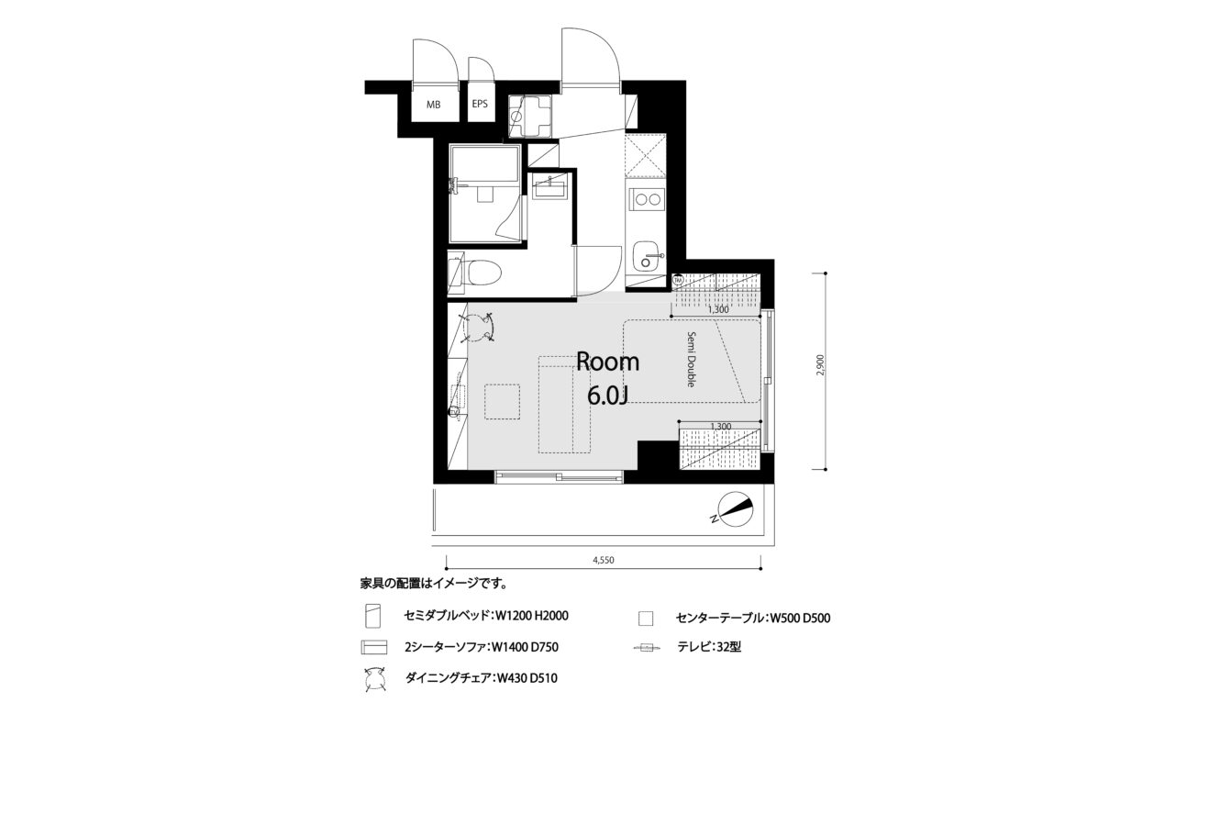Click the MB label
click(x=434, y=105)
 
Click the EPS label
click(x=480, y=104)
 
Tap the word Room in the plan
click(x=608, y=362)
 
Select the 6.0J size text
click(x=608, y=396)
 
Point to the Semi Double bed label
click(x=691, y=360)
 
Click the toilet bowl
click(x=483, y=272)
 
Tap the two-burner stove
click(x=647, y=199)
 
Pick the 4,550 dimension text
click(x=604, y=560)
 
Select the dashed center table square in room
click(x=502, y=402)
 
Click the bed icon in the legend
click(x=373, y=616)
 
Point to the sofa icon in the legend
click(x=374, y=647)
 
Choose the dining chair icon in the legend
click(x=374, y=679)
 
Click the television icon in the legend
click(x=647, y=647)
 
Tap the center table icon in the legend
click(x=646, y=619)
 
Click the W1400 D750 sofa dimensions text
click(x=525, y=647)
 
